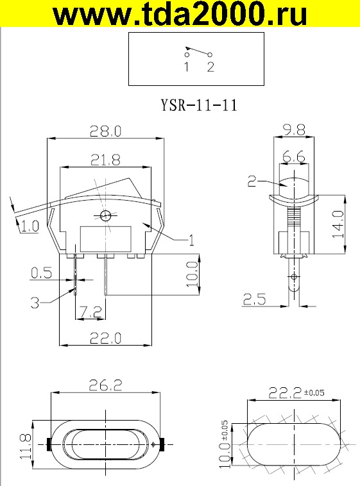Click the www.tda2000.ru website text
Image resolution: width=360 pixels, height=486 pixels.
179,15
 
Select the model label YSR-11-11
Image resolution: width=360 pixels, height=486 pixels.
198,105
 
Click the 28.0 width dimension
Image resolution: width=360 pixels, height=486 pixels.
105,131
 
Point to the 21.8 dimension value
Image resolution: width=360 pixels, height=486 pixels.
105,160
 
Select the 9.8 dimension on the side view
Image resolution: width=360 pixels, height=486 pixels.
293,130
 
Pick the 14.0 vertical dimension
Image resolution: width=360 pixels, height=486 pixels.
339,224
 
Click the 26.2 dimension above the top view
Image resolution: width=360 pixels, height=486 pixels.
105,385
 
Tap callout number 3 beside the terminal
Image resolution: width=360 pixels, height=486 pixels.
37,300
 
